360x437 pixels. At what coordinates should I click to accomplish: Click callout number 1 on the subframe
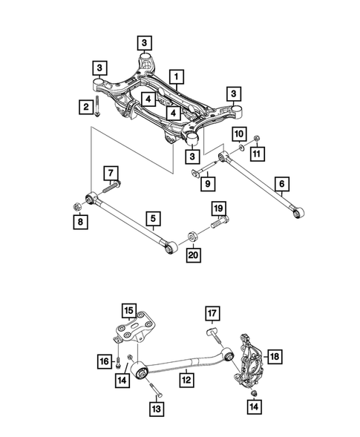click(177, 76)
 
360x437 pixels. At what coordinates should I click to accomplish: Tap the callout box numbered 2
click(87, 108)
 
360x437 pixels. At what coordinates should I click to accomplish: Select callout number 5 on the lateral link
click(152, 218)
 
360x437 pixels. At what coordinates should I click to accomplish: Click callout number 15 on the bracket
click(128, 309)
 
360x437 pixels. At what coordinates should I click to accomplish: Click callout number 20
click(194, 256)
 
